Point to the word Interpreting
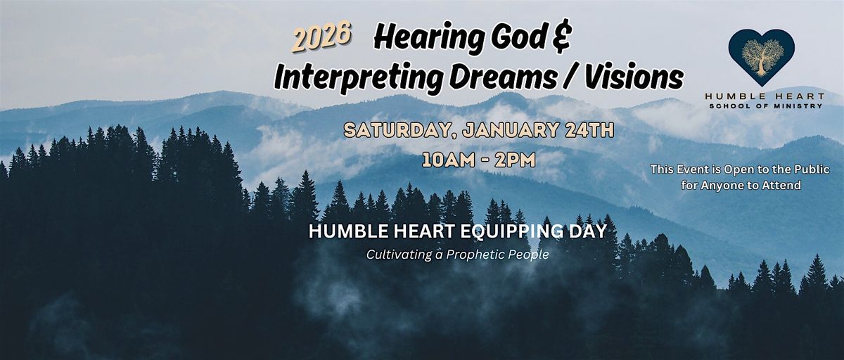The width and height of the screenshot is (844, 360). click(358, 78)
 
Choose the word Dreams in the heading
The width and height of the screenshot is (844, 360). click(503, 77)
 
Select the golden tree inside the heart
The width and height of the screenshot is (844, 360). click(762, 56)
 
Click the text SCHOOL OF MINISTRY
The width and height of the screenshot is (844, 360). click(766, 106)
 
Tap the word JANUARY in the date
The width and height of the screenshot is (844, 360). click(511, 130)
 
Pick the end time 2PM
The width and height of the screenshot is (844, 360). click(515, 160)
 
